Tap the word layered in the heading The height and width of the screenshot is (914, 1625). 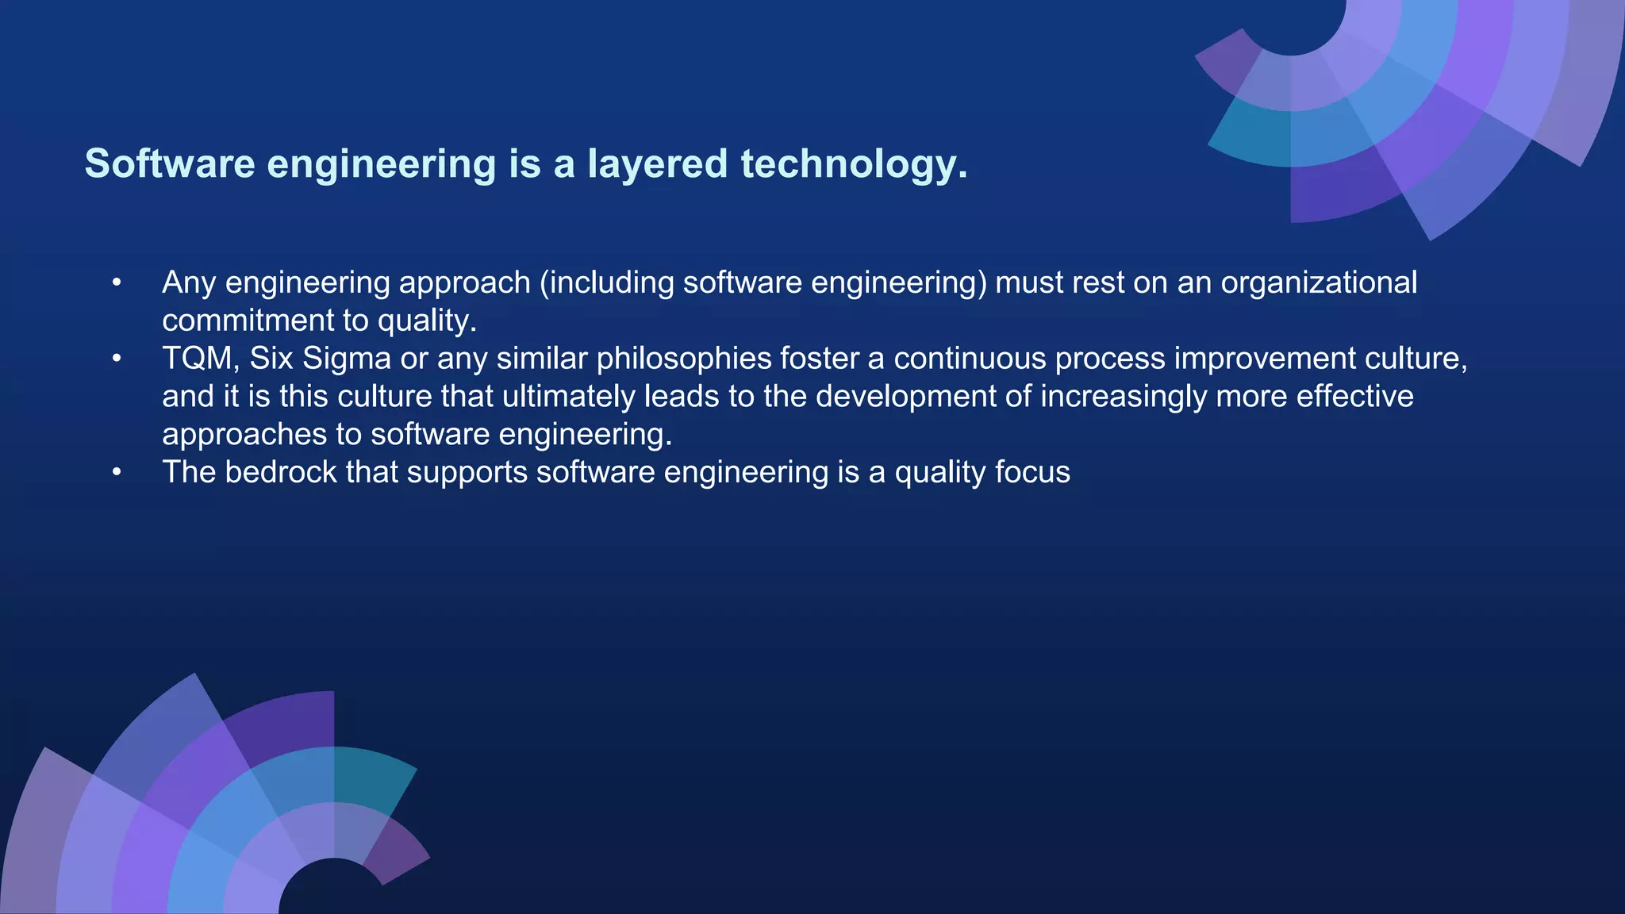point(657,163)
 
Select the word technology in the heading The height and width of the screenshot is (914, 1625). point(853,163)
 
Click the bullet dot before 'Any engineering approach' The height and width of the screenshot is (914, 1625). point(117,282)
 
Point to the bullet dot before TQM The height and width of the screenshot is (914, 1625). point(117,359)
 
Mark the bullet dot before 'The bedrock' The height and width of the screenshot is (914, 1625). point(117,472)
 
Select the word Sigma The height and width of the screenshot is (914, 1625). point(347,359)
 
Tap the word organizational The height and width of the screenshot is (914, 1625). point(1319,282)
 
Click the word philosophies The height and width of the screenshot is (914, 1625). point(684,359)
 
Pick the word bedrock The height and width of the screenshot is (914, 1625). point(281,472)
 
